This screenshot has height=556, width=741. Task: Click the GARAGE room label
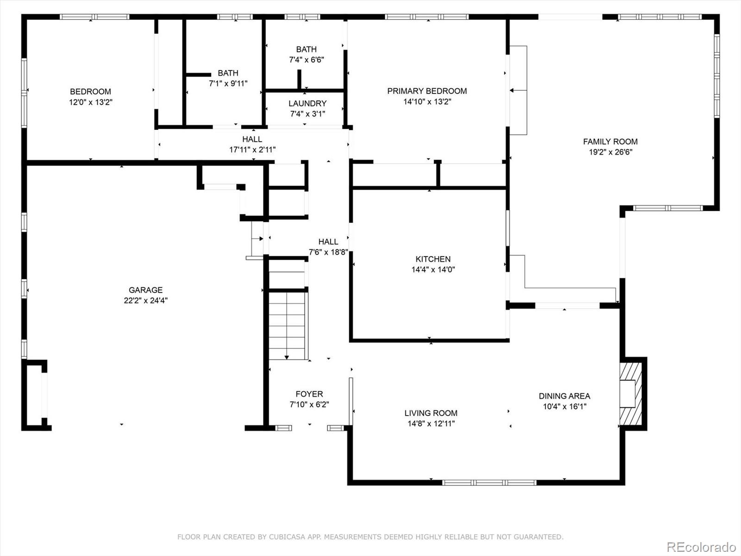pyautogui.click(x=145, y=290)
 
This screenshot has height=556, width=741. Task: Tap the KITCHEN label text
pyautogui.click(x=433, y=259)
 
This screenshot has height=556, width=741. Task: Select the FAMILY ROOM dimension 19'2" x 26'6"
pyautogui.click(x=610, y=152)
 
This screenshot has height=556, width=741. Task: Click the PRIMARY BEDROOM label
pyautogui.click(x=427, y=91)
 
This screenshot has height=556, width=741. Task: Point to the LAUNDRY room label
pyautogui.click(x=307, y=103)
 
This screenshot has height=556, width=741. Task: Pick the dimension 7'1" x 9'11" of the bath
pyautogui.click(x=228, y=83)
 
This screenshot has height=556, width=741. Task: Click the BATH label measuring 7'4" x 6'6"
pyautogui.click(x=306, y=49)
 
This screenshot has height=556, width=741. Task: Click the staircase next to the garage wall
pyautogui.click(x=288, y=324)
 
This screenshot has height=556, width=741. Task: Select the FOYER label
pyautogui.click(x=309, y=394)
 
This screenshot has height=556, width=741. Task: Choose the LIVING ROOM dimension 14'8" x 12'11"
pyautogui.click(x=430, y=423)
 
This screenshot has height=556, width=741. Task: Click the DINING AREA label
pyautogui.click(x=564, y=396)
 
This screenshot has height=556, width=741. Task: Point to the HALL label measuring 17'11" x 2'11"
pyautogui.click(x=252, y=139)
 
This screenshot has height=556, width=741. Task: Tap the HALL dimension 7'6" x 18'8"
pyautogui.click(x=328, y=252)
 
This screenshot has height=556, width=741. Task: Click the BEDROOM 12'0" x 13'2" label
pyautogui.click(x=90, y=92)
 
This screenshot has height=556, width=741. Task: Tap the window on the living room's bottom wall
pyautogui.click(x=489, y=482)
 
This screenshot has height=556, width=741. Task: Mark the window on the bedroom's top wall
pyautogui.click(x=94, y=17)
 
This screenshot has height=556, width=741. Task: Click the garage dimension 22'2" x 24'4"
pyautogui.click(x=145, y=300)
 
